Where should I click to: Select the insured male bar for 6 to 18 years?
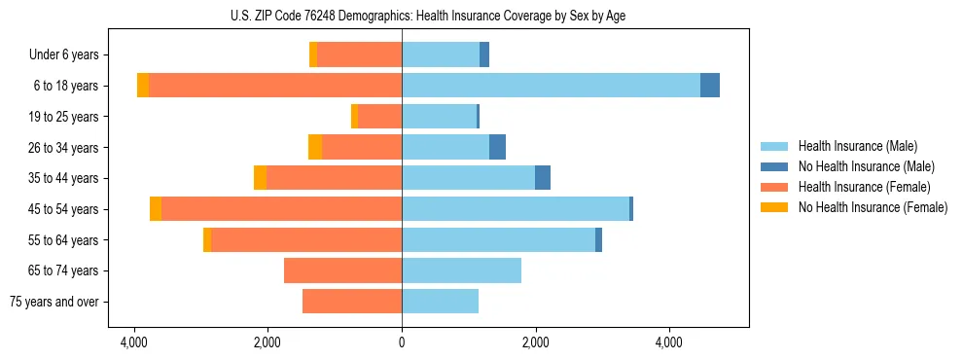(551, 86)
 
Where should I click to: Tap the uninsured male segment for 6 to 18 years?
(710, 86)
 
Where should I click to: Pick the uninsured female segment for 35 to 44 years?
(260, 178)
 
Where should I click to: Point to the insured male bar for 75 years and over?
(440, 302)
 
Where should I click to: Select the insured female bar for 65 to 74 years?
(342, 270)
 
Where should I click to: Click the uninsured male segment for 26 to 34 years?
(497, 147)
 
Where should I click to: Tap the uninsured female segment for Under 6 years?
(313, 54)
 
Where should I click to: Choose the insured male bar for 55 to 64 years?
(498, 239)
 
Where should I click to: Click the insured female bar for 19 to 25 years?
(379, 117)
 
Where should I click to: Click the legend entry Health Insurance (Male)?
(857, 146)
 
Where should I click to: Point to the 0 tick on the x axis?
(402, 342)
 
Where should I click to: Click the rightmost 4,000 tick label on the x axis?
(669, 342)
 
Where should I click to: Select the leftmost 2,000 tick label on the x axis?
(267, 342)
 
